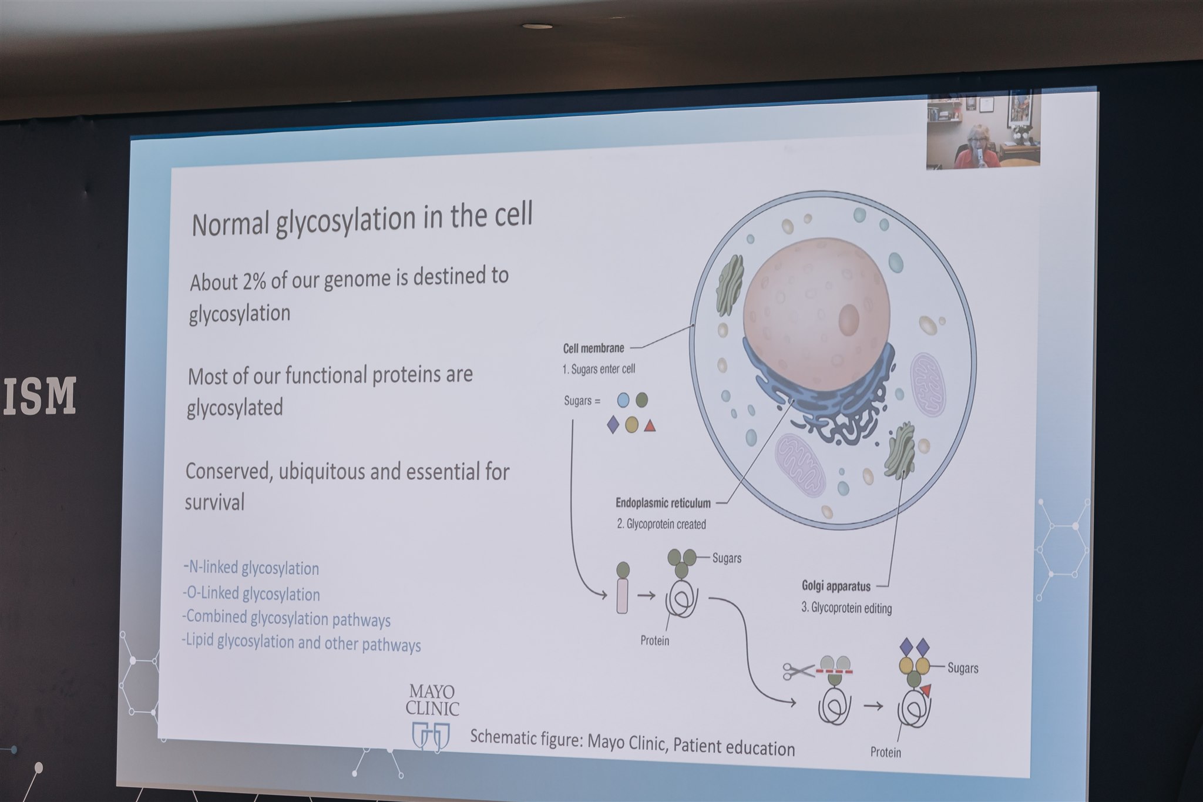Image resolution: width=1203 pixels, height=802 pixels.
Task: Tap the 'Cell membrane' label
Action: (593, 348)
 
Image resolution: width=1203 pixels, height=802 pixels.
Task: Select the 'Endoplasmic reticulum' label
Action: (663, 503)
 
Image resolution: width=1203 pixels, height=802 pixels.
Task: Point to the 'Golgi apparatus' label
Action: (836, 586)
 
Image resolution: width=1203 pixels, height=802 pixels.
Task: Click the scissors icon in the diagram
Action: (798, 670)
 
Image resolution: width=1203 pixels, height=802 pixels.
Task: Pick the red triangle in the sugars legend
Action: (649, 425)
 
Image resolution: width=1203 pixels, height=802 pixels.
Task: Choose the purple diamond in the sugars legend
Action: (613, 424)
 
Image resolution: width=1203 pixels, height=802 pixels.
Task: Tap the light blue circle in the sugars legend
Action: (623, 400)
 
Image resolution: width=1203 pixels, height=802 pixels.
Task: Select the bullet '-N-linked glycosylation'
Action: (251, 568)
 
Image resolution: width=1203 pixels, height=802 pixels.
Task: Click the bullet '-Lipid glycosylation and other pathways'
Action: (301, 642)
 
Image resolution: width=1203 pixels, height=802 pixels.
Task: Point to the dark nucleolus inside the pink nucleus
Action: (848, 320)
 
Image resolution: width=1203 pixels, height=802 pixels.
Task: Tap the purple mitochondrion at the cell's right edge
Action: (929, 384)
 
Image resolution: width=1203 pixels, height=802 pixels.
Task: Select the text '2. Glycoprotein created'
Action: (661, 524)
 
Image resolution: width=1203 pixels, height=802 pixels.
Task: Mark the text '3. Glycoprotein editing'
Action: (846, 608)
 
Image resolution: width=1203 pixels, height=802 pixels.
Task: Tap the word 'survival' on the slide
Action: (214, 502)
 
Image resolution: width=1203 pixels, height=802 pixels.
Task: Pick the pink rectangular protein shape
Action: (622, 595)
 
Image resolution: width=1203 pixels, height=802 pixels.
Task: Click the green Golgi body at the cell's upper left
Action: (730, 285)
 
